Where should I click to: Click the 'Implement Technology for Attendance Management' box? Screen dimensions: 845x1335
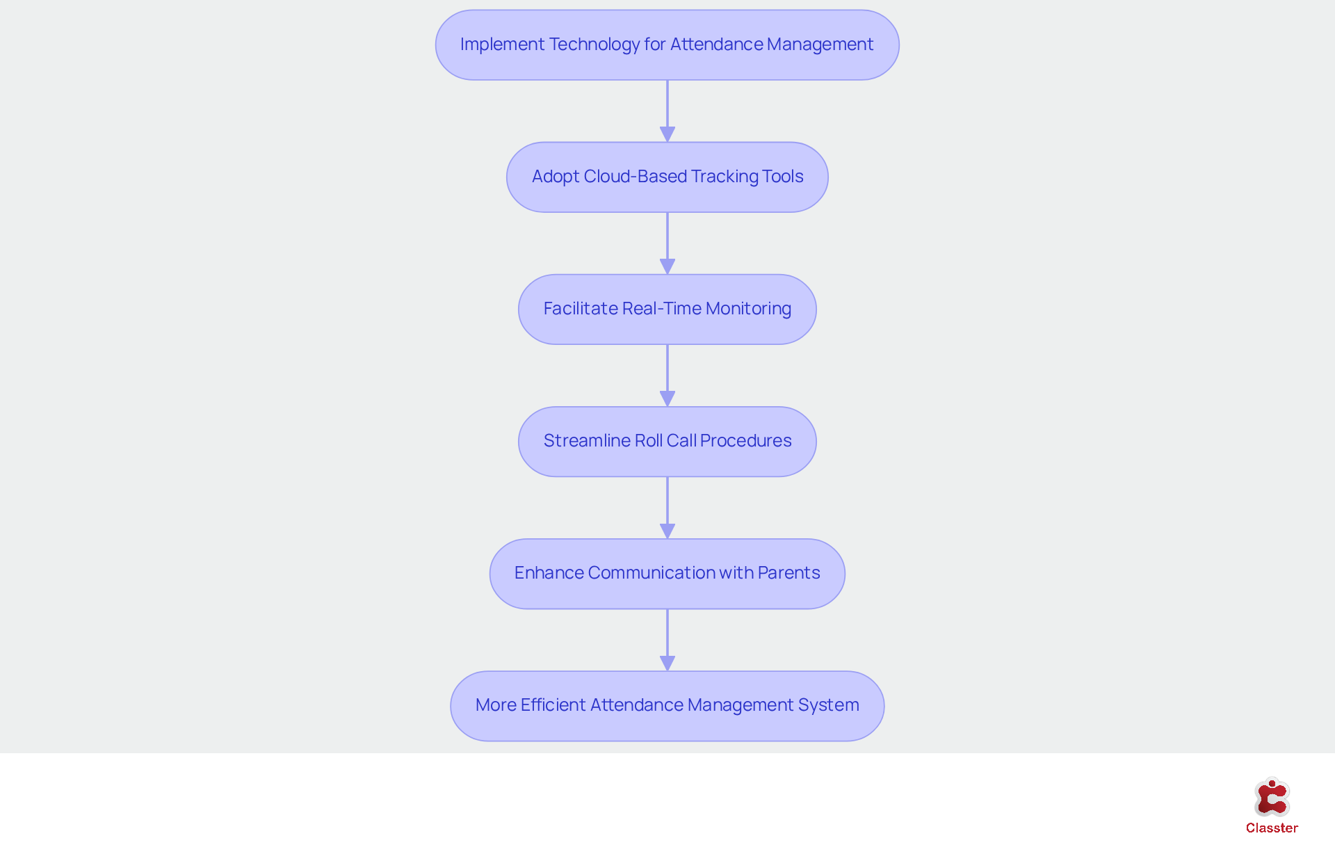click(667, 45)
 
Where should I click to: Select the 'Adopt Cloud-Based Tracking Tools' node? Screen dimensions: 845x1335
click(667, 177)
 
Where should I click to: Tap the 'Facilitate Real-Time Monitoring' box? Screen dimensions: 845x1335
click(667, 309)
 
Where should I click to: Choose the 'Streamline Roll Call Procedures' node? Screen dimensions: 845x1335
click(667, 441)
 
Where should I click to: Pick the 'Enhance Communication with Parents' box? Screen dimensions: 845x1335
click(667, 573)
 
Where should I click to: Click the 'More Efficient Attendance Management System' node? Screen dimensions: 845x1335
click(667, 705)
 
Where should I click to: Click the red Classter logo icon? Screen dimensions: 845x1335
click(1272, 797)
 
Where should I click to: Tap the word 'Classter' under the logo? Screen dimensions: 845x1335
click(1272, 828)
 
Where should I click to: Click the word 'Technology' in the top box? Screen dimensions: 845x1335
click(594, 45)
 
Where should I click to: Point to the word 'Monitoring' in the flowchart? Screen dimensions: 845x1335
click(748, 309)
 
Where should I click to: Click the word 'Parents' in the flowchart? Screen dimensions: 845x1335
click(788, 573)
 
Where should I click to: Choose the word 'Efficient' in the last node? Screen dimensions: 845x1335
click(553, 705)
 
